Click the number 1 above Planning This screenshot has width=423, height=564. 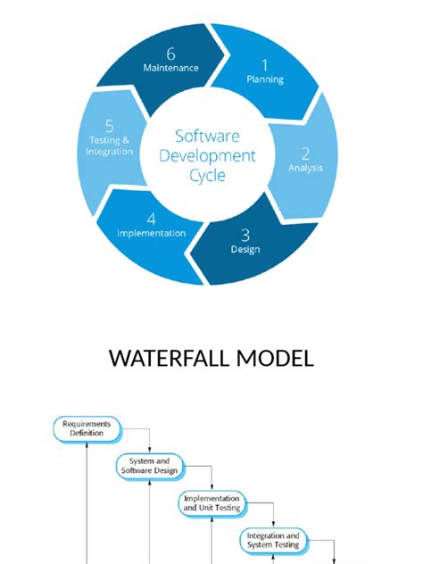264,64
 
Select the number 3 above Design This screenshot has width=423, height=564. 245,235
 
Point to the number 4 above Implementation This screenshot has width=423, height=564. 152,218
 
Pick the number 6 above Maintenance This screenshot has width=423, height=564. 170,51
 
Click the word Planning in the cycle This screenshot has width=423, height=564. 265,79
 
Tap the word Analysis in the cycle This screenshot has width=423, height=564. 306,167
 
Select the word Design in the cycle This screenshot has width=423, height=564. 245,250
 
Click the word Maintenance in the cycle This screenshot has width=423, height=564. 170,67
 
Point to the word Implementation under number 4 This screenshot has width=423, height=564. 152,233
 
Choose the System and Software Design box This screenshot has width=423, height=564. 148,465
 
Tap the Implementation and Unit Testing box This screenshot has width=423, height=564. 211,502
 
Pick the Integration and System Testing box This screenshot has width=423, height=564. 273,540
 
